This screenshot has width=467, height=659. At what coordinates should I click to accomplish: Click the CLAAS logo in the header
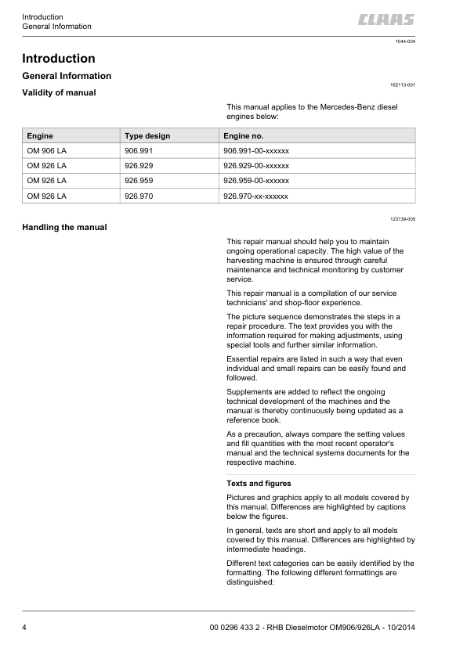tap(387, 20)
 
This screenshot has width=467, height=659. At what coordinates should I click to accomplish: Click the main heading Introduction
tap(59, 59)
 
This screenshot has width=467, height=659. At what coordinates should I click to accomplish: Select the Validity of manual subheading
tap(59, 93)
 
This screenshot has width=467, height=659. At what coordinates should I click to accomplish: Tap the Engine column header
tap(40, 135)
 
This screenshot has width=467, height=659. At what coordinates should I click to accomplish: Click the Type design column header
tap(147, 135)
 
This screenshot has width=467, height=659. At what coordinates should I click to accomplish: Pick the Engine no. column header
tap(243, 135)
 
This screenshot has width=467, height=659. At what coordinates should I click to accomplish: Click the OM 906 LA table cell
tap(46, 150)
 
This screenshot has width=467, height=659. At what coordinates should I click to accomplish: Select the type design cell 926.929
tap(139, 166)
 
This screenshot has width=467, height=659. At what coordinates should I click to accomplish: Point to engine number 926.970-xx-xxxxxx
tap(256, 196)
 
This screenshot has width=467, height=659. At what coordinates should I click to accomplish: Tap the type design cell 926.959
tap(139, 181)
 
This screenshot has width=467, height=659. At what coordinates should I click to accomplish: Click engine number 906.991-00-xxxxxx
tap(256, 150)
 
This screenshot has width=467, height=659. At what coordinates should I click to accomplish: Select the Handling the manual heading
tap(64, 228)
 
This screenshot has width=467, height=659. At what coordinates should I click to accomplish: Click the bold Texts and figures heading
tap(259, 484)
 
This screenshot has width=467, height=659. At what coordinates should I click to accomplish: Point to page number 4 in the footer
tap(25, 628)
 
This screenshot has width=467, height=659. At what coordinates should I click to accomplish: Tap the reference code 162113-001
tap(403, 84)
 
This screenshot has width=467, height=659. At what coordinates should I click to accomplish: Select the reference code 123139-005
tap(403, 219)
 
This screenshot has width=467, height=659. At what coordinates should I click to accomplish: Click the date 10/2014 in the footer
tap(397, 628)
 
